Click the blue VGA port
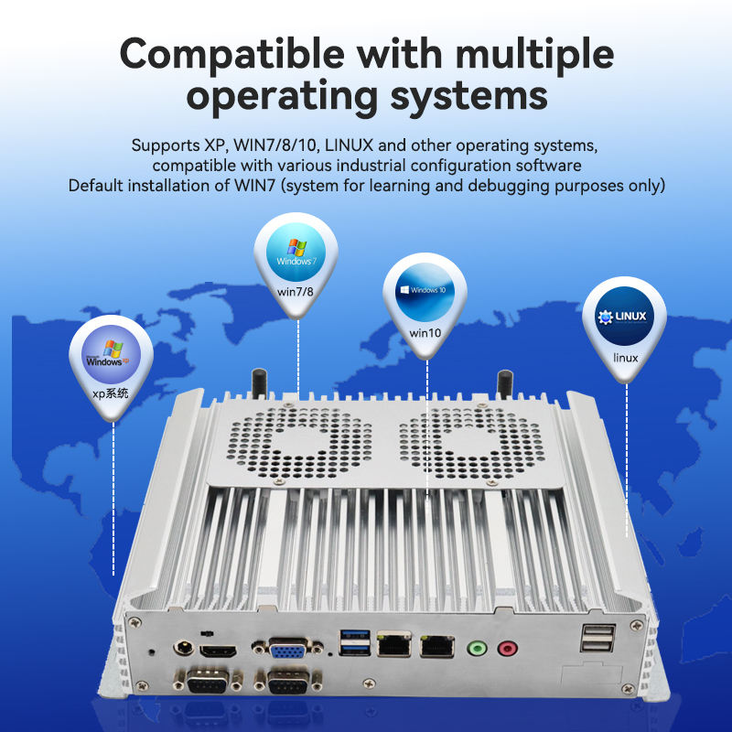point(287,651)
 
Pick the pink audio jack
point(506,648)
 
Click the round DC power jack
point(183,648)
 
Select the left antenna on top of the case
point(260,382)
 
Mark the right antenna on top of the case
point(503,382)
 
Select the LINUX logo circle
point(626,319)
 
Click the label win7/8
point(296,291)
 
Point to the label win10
point(425,333)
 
